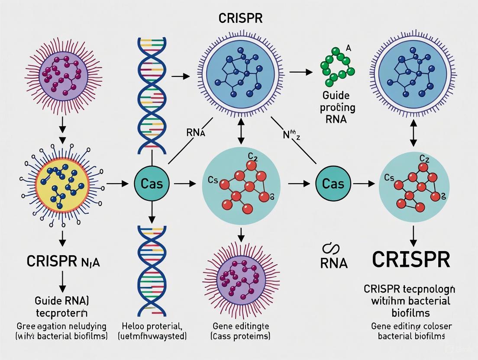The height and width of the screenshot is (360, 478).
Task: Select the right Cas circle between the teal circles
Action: pyautogui.click(x=333, y=184)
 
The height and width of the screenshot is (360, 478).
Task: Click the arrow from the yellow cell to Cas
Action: pyautogui.click(x=117, y=184)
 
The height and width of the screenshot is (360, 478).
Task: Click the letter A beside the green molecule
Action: pyautogui.click(x=349, y=48)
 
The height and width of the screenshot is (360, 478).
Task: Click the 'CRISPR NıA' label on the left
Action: pyautogui.click(x=64, y=261)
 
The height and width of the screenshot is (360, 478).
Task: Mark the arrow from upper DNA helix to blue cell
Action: pyautogui.click(x=181, y=77)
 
